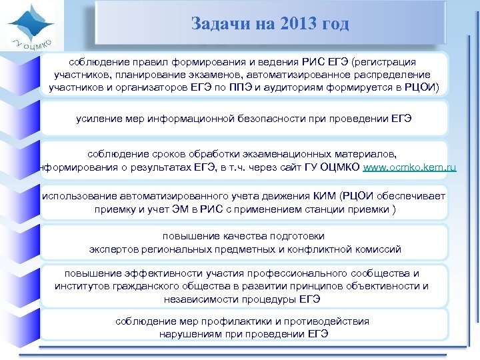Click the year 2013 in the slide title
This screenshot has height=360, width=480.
coord(287,24)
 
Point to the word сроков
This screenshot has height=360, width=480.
coord(163,155)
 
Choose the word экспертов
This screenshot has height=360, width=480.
coord(113,249)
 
